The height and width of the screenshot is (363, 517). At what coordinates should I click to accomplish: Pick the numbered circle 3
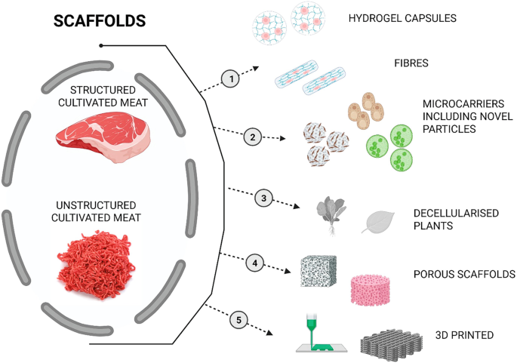pos(263,198)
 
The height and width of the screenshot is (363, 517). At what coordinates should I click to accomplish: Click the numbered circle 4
pos(256,263)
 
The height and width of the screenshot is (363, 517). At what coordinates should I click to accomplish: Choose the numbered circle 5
pos(239,321)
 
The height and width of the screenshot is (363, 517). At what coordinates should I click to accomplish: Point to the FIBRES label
pos(411,64)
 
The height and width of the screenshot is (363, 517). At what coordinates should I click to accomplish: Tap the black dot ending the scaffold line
pos(102,45)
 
